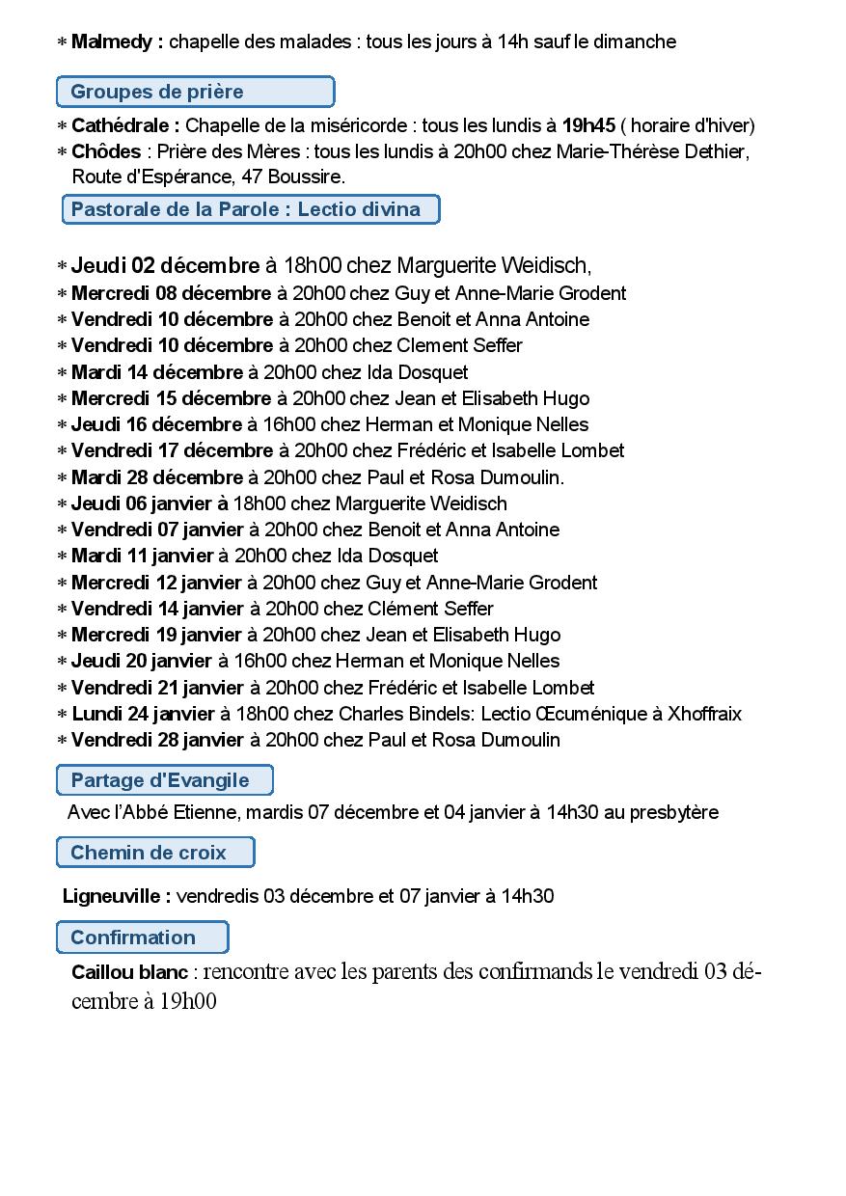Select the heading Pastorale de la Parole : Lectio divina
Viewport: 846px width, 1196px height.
(251, 209)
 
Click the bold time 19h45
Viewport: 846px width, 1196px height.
(588, 125)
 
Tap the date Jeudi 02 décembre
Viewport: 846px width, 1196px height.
(165, 265)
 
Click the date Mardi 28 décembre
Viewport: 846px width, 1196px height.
(157, 477)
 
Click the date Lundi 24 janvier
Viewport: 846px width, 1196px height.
(143, 714)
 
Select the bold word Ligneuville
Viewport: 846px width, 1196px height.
(116, 896)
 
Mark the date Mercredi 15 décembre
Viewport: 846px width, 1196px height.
(171, 398)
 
